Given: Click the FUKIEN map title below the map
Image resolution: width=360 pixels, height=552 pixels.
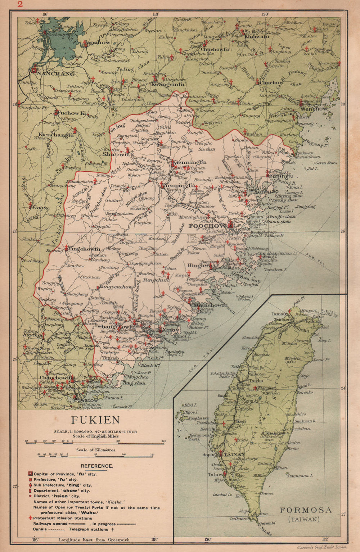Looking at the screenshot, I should pos(95,420).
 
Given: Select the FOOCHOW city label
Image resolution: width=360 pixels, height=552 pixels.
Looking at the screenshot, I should pos(207,226).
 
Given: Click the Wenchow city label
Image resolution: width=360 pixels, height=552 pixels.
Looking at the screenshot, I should pos(314,108).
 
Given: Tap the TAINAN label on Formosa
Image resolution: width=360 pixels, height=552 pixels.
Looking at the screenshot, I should pos(232,454).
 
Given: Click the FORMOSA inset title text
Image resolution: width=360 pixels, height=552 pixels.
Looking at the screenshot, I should pos(305,510).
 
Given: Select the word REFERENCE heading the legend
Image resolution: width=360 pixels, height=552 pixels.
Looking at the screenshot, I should pos(97,466).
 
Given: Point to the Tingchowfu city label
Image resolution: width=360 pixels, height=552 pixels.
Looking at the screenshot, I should pos(84,249).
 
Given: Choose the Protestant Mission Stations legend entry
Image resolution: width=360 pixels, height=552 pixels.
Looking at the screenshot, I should pos(63,518).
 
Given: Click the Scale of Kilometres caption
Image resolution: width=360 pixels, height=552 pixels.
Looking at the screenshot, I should pos(95,450).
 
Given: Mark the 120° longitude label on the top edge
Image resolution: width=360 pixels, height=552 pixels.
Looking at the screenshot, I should pos(265,14).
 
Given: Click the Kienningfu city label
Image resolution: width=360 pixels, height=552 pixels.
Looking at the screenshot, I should pos(189,162).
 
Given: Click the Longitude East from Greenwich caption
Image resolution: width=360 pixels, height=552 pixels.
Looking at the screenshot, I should pos(94,540).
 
